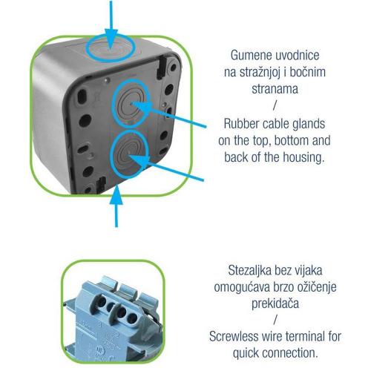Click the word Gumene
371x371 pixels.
pos(251,55)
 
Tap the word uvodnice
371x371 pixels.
pos(298,55)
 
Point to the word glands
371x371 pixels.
pos(309,124)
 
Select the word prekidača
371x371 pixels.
pos(275,303)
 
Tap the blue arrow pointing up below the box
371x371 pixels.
pos(116,206)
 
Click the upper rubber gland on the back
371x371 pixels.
pos(131,103)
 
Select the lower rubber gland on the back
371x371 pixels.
pos(129,154)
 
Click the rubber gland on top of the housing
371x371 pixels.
pos(111,48)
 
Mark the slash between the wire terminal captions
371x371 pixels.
pos(275,320)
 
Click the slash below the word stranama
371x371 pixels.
pos(275,106)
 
